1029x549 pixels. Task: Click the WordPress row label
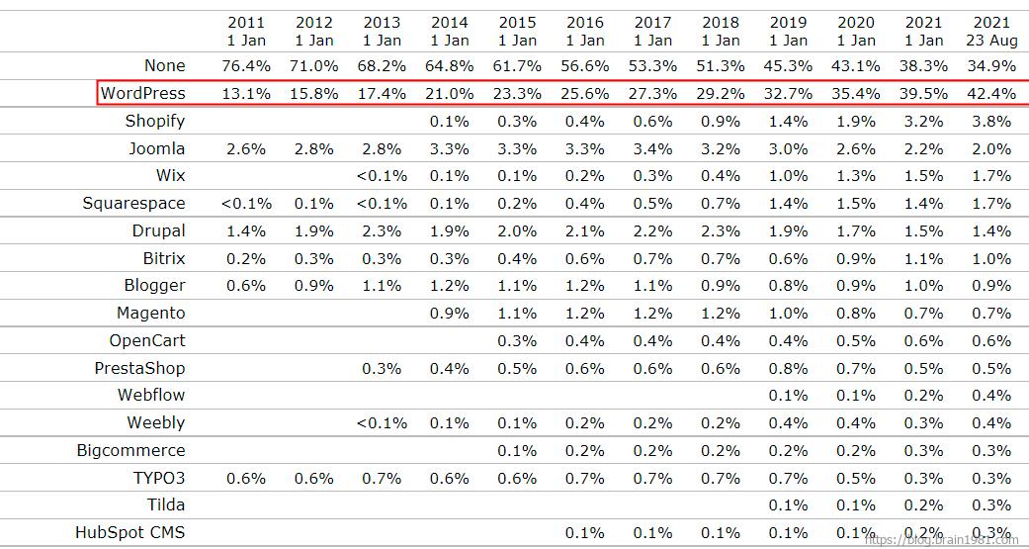click(x=143, y=93)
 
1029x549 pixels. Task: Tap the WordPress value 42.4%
click(x=991, y=93)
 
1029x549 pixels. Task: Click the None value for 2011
click(x=246, y=65)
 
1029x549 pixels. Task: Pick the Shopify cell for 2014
click(x=450, y=121)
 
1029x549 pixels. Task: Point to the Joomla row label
click(x=156, y=148)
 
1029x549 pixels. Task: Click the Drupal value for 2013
click(x=382, y=230)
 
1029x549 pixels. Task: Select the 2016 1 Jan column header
click(x=585, y=32)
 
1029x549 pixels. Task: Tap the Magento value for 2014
click(x=450, y=313)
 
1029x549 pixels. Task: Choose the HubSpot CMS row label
click(x=130, y=532)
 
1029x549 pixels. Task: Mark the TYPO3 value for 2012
click(x=314, y=478)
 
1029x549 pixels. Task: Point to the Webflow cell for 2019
click(x=788, y=395)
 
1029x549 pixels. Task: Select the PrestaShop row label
click(x=139, y=368)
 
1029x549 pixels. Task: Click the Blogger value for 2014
click(x=450, y=285)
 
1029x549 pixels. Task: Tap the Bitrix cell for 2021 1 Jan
click(x=924, y=258)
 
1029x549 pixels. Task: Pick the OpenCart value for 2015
click(x=517, y=340)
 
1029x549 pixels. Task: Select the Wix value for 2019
click(x=788, y=175)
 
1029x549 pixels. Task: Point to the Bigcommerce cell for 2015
click(x=517, y=450)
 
